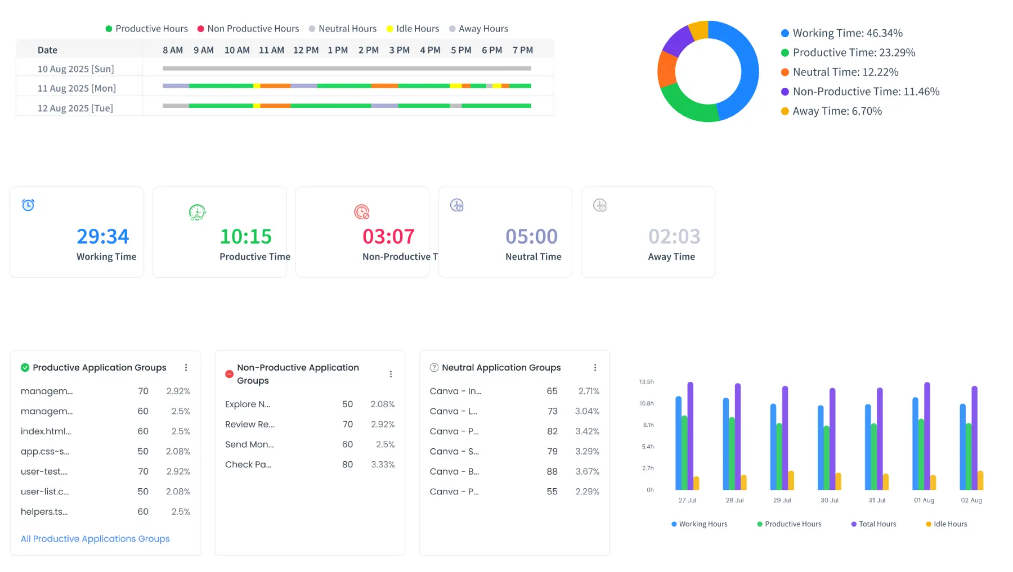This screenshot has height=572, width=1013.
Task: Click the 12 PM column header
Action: (306, 50)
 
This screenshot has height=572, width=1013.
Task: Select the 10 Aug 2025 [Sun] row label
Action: (75, 69)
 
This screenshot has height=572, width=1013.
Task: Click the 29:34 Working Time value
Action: (103, 236)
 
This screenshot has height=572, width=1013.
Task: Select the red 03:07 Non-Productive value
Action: (388, 236)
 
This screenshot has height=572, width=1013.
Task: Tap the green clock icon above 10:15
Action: (197, 213)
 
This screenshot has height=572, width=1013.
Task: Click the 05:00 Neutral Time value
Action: (531, 236)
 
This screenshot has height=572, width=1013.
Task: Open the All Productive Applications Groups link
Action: (95, 539)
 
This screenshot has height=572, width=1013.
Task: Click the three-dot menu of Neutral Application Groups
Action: (595, 368)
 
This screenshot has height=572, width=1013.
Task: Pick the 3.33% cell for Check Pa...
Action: (383, 465)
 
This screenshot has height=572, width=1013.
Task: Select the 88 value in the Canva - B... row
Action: (552, 471)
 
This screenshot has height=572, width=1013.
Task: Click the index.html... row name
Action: (46, 431)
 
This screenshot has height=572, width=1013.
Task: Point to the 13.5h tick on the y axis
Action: (646, 382)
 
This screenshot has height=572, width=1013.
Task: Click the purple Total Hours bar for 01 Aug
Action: (927, 436)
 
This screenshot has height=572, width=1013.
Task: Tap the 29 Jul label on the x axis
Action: (782, 501)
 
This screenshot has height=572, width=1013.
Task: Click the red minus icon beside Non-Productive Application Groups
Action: (229, 374)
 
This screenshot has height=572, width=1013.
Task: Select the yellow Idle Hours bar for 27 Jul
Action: (696, 483)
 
